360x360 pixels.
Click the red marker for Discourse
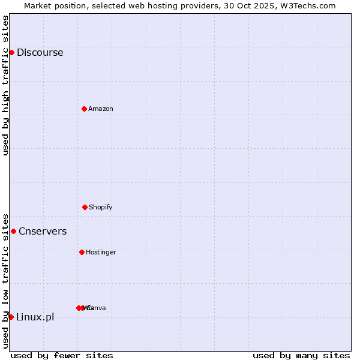click(11, 52)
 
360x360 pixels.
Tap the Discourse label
click(40, 52)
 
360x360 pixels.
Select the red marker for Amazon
click(84, 109)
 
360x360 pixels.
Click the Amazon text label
click(100, 109)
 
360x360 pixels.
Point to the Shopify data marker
click(85, 207)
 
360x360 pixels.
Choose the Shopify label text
click(100, 207)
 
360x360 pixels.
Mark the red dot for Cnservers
click(13, 231)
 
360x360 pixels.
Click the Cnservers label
click(43, 231)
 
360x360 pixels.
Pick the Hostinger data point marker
click(82, 252)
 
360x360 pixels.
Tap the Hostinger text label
click(101, 252)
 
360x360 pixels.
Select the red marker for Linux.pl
click(11, 317)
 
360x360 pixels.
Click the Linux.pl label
click(35, 317)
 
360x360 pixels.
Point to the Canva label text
click(97, 308)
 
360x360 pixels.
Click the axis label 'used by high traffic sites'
click(5, 85)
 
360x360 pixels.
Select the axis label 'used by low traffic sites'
click(5, 280)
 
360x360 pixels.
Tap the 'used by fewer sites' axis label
click(62, 355)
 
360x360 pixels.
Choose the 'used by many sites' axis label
click(301, 355)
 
